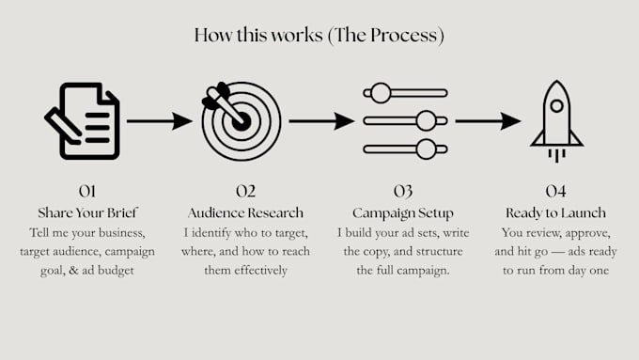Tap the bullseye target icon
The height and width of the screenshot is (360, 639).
242,121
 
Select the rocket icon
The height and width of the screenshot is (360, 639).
556,121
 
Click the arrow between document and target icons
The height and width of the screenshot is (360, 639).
160,121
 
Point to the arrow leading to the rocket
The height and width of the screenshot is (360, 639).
488,121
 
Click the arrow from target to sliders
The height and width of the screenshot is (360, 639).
321,121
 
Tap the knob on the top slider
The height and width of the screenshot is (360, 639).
381,93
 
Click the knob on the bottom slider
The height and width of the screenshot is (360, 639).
427,149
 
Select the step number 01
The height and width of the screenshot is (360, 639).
87,191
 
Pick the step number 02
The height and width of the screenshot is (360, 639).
246,191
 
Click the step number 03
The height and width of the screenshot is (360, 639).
403,191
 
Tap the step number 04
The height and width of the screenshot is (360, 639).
556,191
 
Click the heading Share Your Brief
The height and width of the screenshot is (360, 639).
87,212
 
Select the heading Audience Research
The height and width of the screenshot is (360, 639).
246,212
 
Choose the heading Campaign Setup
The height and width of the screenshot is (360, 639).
403,213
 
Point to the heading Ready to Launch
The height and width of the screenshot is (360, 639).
556,213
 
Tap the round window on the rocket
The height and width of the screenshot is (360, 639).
556,106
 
